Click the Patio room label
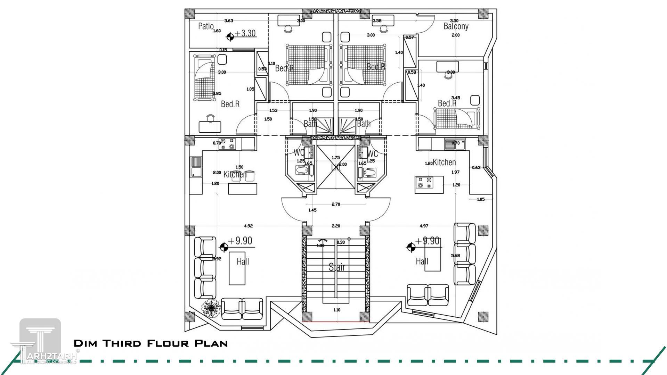point(206,26)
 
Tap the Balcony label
point(456,26)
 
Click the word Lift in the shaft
point(336,167)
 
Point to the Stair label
point(337,267)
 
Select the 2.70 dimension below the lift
point(336,204)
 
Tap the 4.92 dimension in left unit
point(248,226)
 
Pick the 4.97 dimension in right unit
point(424,226)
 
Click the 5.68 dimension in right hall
point(455,256)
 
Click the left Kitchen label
point(235,174)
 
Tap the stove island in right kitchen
point(429,185)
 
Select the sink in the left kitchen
point(195,167)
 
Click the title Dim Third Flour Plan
point(151,343)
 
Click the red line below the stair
point(336,322)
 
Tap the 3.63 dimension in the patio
point(229,20)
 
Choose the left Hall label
point(243,261)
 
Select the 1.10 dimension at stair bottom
point(337,310)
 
